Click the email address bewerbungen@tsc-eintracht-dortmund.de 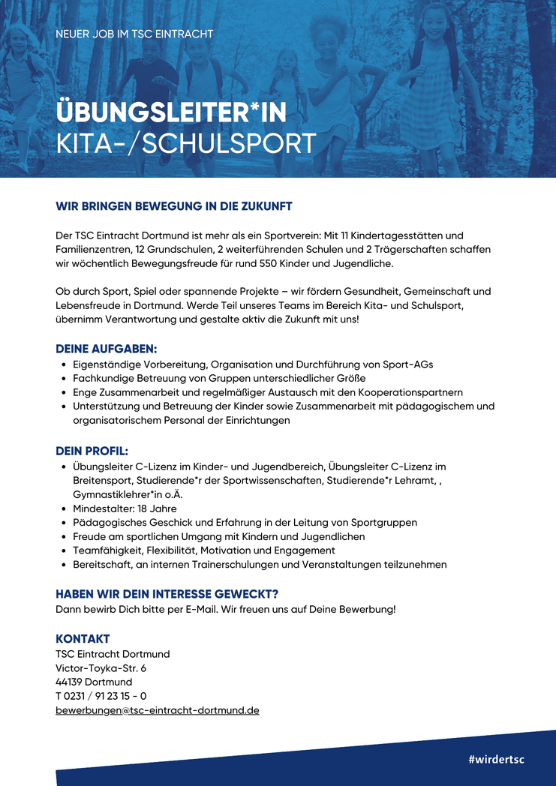[x=158, y=710]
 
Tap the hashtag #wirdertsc [x=496, y=759]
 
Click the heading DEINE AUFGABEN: [x=106, y=349]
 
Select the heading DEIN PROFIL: [x=92, y=451]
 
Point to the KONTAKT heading [x=83, y=639]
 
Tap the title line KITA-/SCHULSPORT [x=185, y=144]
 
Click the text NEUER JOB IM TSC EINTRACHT [x=134, y=34]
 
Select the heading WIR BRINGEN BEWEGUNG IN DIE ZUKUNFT [x=173, y=206]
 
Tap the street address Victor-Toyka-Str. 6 [x=101, y=667]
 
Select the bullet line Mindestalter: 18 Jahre [x=125, y=508]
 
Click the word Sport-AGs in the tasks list [x=407, y=364]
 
